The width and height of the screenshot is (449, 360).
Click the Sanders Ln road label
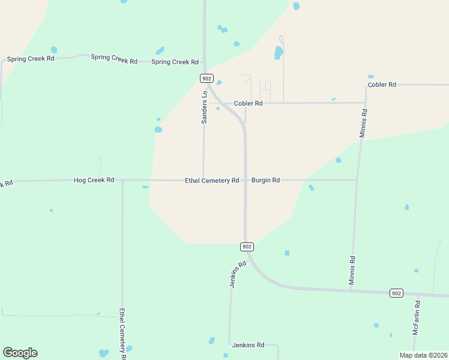204,107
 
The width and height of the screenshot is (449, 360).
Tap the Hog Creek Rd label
94,180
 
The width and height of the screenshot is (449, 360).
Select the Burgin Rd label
265,180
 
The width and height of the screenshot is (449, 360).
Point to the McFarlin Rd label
416,317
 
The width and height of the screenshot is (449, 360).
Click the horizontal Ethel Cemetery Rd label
212,181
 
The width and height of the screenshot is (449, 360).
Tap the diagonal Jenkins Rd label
238,274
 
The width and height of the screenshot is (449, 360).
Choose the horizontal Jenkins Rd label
248,345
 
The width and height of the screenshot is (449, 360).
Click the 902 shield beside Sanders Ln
206,79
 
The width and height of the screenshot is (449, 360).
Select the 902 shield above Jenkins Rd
247,247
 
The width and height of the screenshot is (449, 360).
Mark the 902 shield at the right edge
396,293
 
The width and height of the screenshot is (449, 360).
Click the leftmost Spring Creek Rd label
31,59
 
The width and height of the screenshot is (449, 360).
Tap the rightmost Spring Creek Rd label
175,62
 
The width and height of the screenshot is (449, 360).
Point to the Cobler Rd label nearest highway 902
248,103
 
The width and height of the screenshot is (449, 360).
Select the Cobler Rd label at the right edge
382,85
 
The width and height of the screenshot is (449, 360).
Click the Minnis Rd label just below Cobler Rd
363,124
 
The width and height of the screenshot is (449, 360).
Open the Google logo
20,353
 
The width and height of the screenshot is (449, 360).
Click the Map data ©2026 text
423,355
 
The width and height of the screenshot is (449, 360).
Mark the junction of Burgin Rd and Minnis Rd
357,179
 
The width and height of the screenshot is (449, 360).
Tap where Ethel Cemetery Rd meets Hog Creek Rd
122,180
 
